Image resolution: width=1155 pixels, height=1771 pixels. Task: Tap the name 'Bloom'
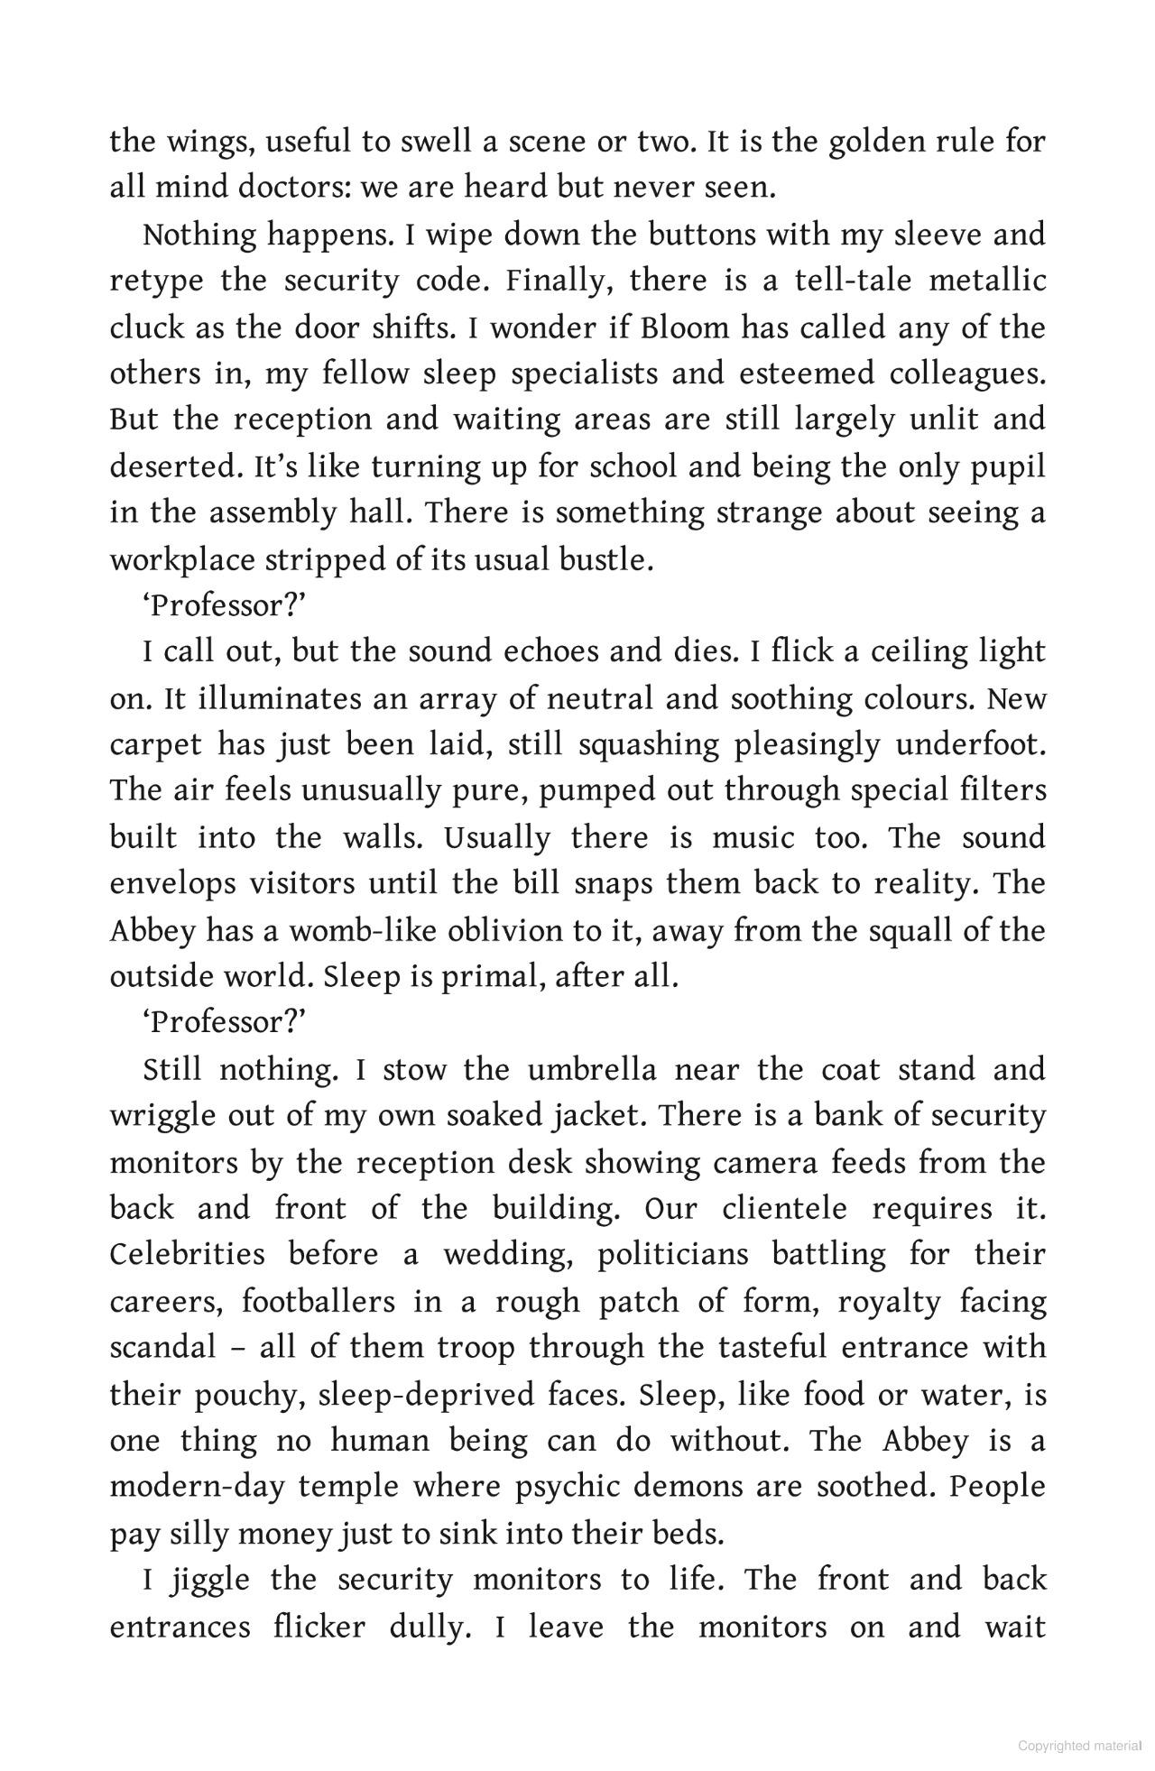click(x=685, y=327)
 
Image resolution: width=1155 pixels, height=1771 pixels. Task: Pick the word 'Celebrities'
click(x=188, y=1254)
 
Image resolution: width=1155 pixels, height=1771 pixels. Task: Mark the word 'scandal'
click(x=162, y=1347)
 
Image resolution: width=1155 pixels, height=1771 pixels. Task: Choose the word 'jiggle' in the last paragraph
click(x=208, y=1580)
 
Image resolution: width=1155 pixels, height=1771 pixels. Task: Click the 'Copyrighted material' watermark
click(x=1080, y=1745)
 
